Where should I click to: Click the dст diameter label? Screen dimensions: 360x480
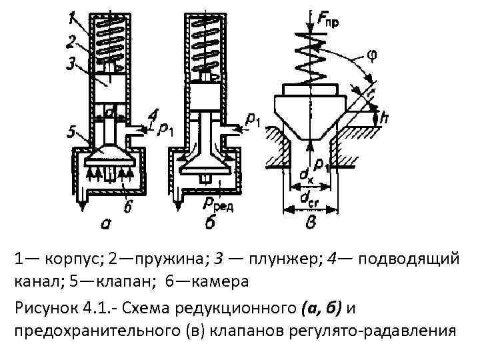click(309, 198)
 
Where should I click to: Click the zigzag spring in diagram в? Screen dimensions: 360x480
click(309, 60)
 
